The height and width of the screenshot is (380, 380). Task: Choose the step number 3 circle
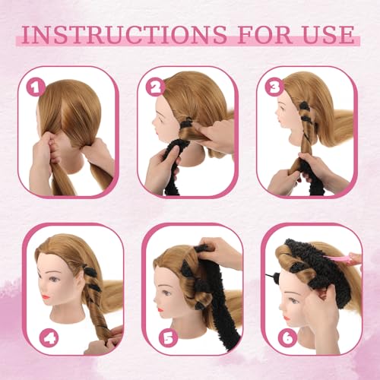coord(274,88)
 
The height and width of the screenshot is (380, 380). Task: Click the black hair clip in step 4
coord(90,271)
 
